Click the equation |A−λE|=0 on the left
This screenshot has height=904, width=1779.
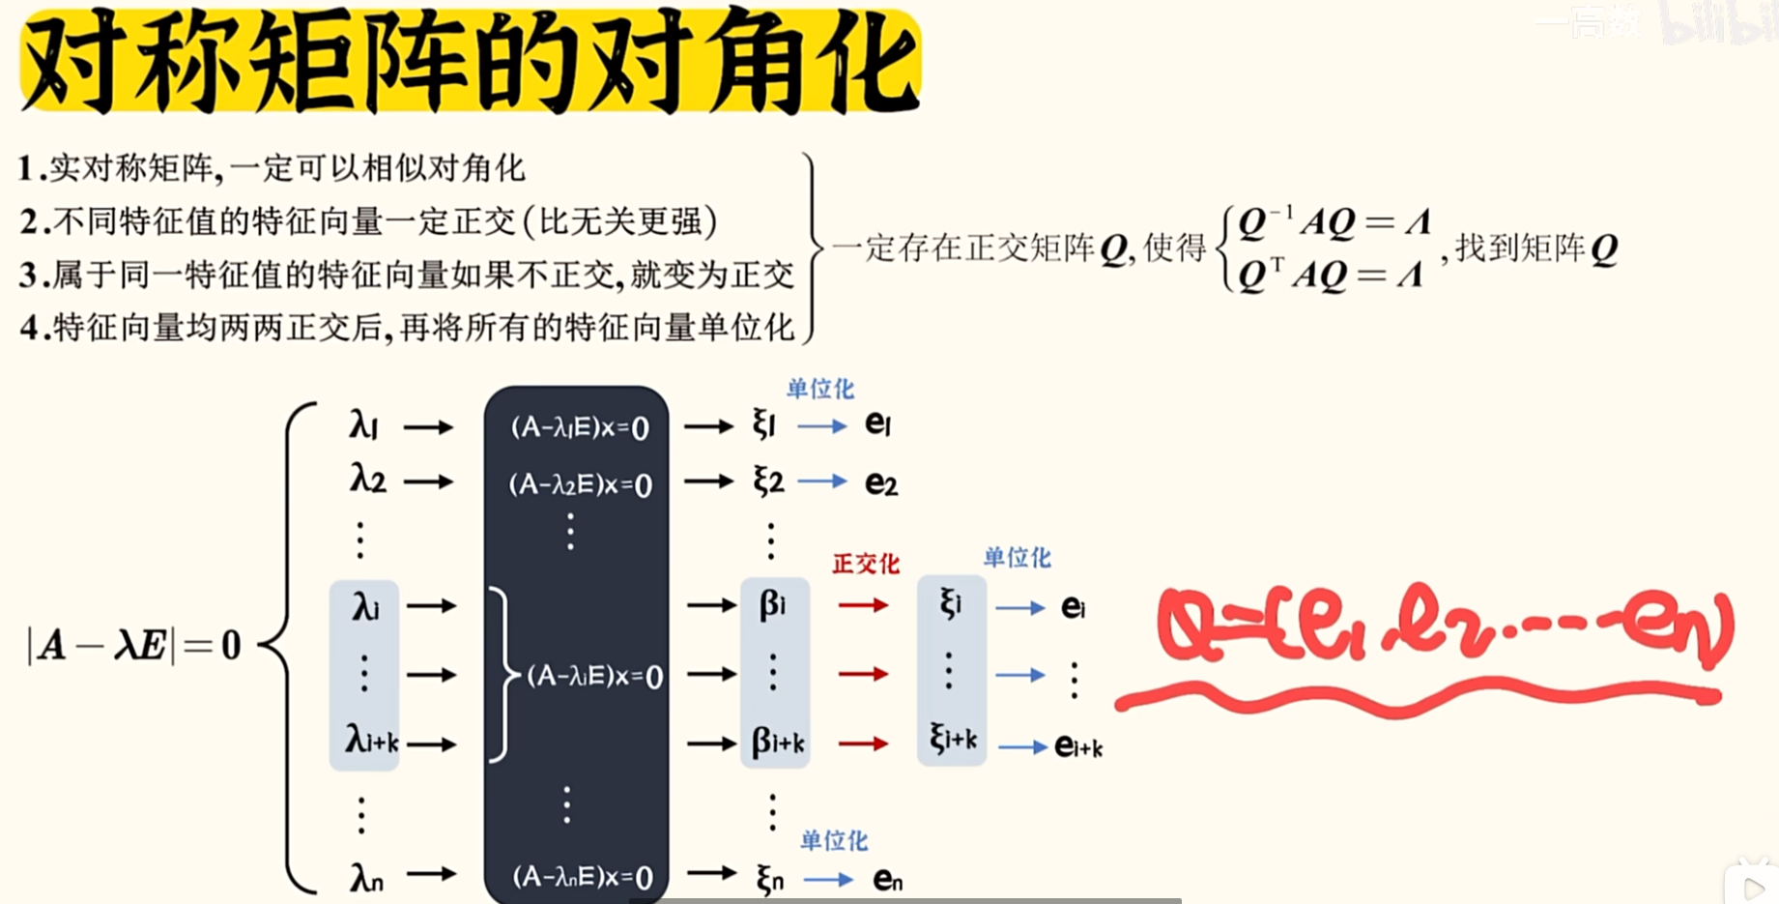coord(134,645)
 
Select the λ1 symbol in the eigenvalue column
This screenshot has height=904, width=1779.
coord(363,424)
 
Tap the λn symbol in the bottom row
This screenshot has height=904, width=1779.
coord(366,878)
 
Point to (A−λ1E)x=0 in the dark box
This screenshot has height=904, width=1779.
coord(579,427)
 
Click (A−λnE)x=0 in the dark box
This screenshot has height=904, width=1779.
coord(582,877)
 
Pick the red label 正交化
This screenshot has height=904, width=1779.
coord(865,564)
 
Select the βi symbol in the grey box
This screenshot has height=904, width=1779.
coord(772,605)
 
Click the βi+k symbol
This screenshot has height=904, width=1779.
coord(778,743)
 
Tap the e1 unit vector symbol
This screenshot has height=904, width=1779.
coord(877,423)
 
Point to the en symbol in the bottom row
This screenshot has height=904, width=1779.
coord(887,879)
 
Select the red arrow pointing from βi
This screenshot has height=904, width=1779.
coord(863,605)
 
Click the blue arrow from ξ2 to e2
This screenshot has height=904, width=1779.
coord(822,481)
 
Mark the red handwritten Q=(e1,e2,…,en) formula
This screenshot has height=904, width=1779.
coord(1445,628)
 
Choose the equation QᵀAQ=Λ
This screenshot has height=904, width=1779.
coord(1331,276)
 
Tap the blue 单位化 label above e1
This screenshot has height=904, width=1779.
coord(819,389)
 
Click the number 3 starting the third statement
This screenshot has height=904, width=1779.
coord(28,276)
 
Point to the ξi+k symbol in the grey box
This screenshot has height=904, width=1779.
coord(953,740)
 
